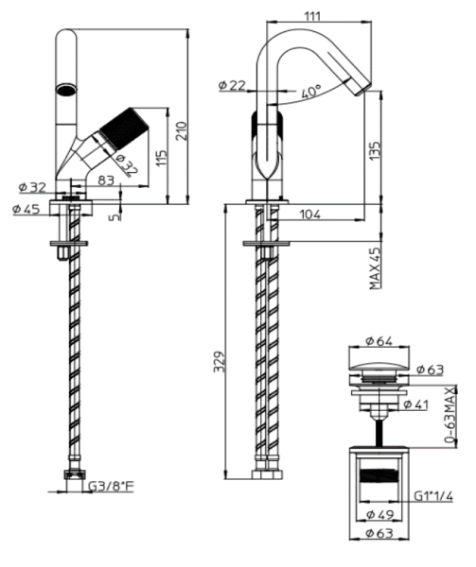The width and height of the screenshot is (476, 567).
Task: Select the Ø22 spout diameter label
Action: (x=232, y=86)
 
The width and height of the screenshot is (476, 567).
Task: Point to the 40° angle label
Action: (x=309, y=93)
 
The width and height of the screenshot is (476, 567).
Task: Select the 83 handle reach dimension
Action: (x=104, y=180)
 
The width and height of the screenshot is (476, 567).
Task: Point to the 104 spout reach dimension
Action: (x=308, y=215)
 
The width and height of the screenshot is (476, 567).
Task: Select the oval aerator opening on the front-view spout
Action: (x=65, y=90)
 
